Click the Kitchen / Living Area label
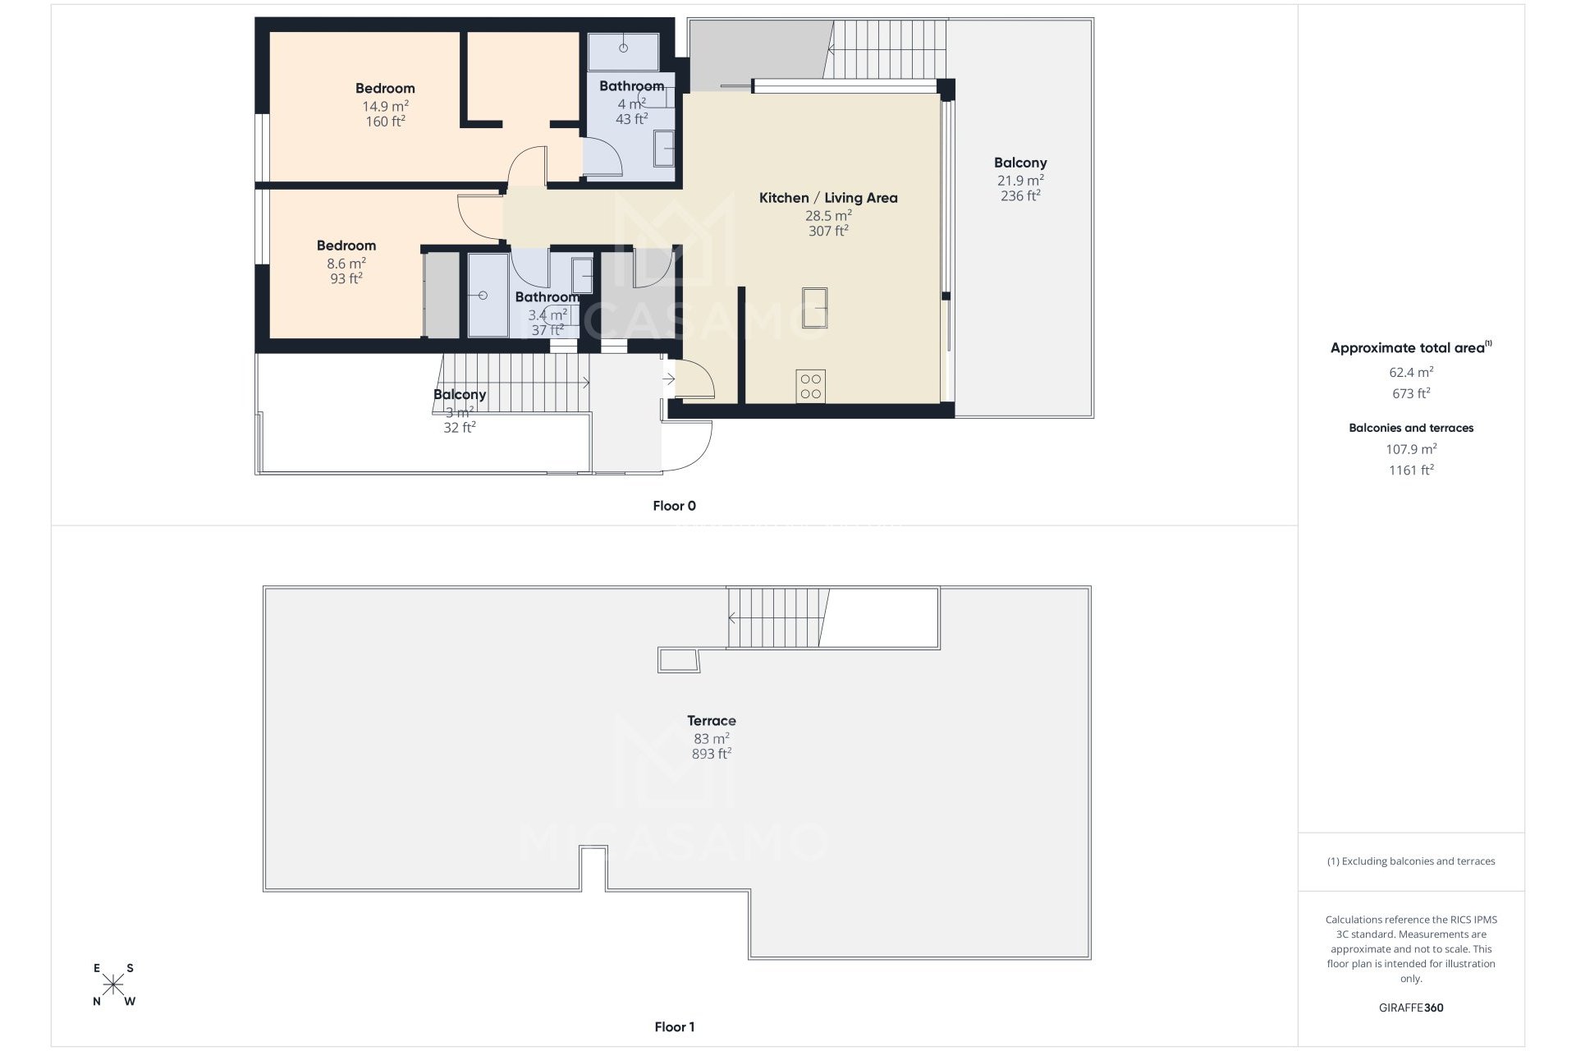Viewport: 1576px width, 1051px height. [827, 198]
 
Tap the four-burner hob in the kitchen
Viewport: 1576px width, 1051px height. [810, 386]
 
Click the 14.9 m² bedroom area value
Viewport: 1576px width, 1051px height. [385, 106]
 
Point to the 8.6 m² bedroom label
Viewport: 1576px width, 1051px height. [346, 246]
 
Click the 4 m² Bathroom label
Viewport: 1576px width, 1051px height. [630, 86]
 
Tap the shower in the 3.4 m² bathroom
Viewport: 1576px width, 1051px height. [488, 295]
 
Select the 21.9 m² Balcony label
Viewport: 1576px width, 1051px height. [1019, 163]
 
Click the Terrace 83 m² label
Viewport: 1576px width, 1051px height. [711, 721]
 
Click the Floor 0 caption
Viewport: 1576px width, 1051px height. [674, 506]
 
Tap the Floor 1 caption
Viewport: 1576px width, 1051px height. [674, 1026]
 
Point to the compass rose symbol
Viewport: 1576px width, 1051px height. [113, 984]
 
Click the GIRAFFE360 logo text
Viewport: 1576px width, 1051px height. [1410, 1007]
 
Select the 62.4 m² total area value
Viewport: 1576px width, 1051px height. [1410, 372]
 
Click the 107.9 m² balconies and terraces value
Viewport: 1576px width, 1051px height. [1410, 449]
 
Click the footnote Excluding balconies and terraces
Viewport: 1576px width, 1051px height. [1410, 861]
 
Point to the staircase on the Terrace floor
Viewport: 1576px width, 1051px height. [776, 617]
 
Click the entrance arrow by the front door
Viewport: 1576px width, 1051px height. [668, 379]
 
